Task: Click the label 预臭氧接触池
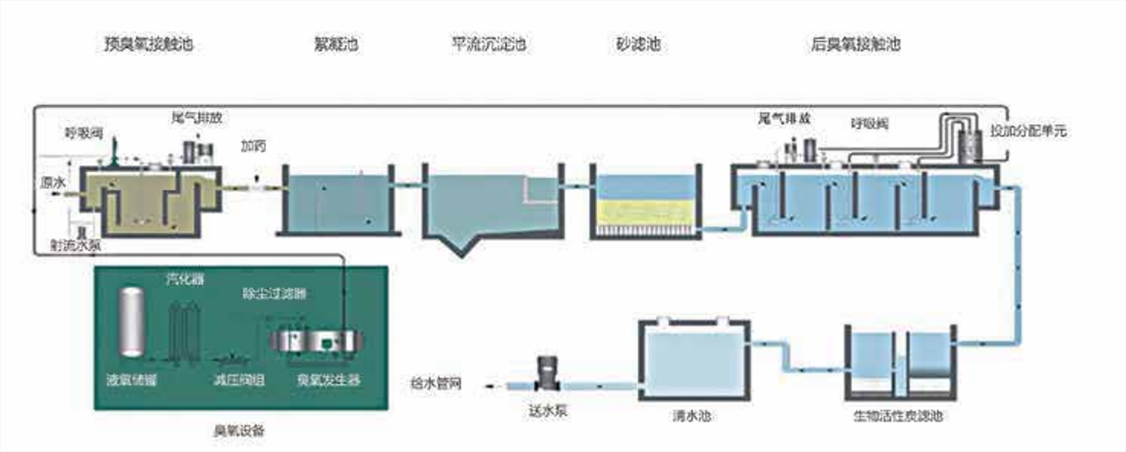pos(148,44)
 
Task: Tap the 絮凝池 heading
pos(336,44)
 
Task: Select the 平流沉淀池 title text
pos(489,44)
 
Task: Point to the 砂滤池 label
pos(637,44)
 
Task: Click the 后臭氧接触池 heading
pos(855,44)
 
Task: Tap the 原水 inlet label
pos(53,183)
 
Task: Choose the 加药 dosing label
pos(253,146)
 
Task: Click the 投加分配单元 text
pos(1028,131)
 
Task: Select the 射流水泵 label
pos(75,245)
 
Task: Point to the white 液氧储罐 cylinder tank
pos(131,322)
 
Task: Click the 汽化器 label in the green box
pos(185,279)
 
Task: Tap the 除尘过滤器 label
pos(274,293)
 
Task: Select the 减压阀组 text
pos(239,380)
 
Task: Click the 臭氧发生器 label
pos(328,380)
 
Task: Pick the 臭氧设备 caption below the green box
pos(239,431)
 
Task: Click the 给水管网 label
pos(436,383)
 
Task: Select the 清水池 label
pos(691,415)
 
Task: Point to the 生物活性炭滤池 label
pos(898,415)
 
